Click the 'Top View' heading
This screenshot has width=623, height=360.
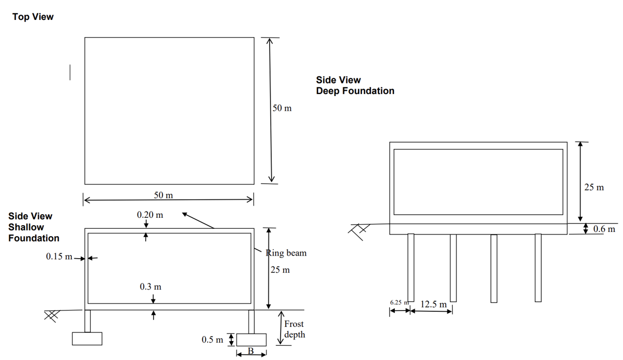33,17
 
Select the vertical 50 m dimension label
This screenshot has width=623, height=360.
282,108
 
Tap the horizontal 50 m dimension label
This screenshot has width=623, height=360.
163,195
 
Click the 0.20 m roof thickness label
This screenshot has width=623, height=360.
149,215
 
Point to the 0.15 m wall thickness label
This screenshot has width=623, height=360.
59,257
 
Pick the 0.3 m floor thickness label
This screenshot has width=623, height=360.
151,287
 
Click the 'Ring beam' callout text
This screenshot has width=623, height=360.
286,253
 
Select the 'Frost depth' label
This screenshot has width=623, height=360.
294,330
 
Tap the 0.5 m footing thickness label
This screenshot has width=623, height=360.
212,340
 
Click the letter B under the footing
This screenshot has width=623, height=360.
250,351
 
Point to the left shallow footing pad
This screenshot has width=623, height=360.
87,339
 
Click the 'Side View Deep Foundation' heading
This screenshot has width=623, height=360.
355,86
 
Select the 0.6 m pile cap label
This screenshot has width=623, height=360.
604,229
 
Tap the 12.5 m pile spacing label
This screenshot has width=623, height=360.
434,304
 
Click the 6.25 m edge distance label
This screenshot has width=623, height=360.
399,303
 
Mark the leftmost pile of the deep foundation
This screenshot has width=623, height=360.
411,267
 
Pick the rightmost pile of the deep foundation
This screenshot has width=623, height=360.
538,268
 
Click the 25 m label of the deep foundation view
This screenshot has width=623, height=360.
594,187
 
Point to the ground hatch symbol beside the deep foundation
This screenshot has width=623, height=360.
362,230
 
